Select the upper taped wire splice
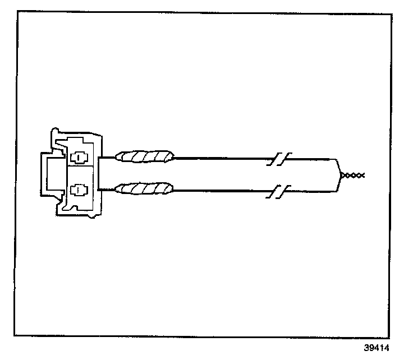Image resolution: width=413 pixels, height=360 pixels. (x=144, y=156)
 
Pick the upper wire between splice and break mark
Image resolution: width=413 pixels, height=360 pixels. (x=224, y=158)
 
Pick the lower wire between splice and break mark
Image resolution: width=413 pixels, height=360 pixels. (x=224, y=190)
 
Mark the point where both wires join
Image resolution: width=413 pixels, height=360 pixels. (x=342, y=176)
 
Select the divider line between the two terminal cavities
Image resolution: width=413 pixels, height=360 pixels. (x=82, y=167)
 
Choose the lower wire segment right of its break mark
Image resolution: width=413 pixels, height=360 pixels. (x=309, y=190)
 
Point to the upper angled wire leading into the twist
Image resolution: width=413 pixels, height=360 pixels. (x=338, y=167)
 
